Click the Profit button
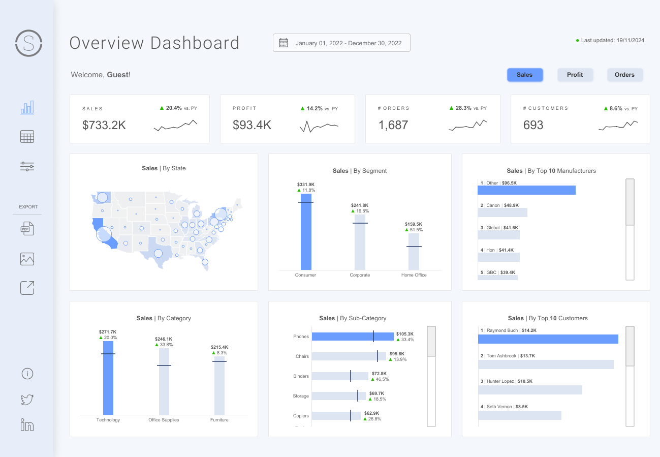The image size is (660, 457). (575, 75)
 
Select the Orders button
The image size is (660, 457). (624, 75)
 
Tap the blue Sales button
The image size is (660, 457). (524, 75)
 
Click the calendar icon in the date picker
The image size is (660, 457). (284, 43)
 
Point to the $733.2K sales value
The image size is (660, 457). (104, 125)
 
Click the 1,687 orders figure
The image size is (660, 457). (393, 125)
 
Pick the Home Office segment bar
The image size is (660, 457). (414, 252)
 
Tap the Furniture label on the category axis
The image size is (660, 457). (219, 420)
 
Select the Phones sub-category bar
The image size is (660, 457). (353, 337)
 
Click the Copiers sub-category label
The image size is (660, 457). (301, 416)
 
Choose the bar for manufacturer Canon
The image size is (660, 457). (502, 212)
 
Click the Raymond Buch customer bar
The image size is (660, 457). (548, 339)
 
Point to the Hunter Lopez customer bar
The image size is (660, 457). (530, 390)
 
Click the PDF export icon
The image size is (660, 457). (27, 229)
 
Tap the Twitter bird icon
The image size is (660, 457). (27, 400)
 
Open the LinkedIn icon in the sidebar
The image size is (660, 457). (27, 425)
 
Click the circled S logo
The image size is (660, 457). (28, 43)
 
